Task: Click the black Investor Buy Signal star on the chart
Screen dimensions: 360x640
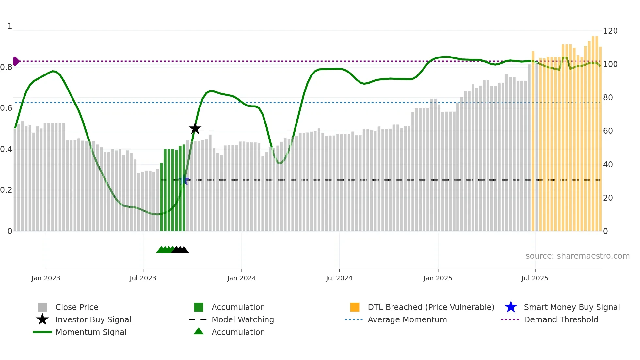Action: (x=195, y=128)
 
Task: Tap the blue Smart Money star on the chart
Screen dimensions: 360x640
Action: (x=184, y=180)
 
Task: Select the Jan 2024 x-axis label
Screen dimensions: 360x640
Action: (x=241, y=278)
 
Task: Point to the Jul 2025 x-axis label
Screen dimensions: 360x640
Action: (x=535, y=278)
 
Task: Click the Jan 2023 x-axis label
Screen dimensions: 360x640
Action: (x=46, y=278)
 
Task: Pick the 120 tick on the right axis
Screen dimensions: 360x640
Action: (x=610, y=31)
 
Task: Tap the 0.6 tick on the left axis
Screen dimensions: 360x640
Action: (x=6, y=108)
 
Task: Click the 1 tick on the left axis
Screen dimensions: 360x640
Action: (x=10, y=26)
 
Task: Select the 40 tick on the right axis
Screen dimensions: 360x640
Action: (x=608, y=164)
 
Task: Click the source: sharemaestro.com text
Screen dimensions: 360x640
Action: (x=577, y=256)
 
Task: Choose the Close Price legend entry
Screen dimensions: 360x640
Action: (x=77, y=307)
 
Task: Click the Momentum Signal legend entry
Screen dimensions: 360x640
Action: (x=91, y=332)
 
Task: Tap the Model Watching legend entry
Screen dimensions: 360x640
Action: (x=243, y=319)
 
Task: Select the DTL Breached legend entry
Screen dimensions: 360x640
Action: (x=431, y=307)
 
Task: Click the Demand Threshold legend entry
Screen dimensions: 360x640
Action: (x=561, y=319)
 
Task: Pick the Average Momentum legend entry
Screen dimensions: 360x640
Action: (x=407, y=319)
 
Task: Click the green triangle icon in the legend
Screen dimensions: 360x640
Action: (x=199, y=331)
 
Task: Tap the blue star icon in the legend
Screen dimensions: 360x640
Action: (x=511, y=307)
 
